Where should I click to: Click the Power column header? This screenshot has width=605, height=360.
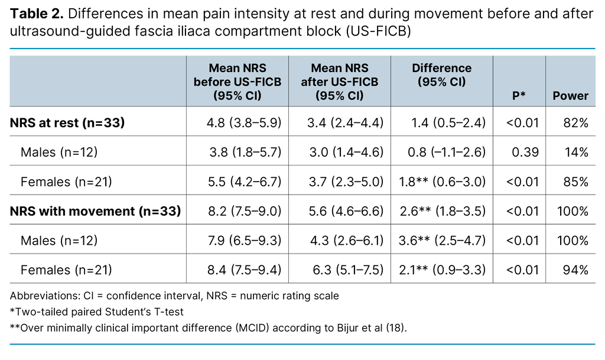point(570,96)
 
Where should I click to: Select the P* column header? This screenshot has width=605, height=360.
point(519,96)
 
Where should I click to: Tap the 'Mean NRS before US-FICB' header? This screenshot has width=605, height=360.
point(238,82)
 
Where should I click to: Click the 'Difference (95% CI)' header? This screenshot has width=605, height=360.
point(441,75)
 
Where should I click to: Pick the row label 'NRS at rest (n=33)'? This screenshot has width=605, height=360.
point(69,122)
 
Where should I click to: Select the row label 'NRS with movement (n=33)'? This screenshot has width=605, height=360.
point(95,210)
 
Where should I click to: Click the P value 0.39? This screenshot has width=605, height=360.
point(526,152)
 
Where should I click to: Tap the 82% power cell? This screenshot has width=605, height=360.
point(574,122)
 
